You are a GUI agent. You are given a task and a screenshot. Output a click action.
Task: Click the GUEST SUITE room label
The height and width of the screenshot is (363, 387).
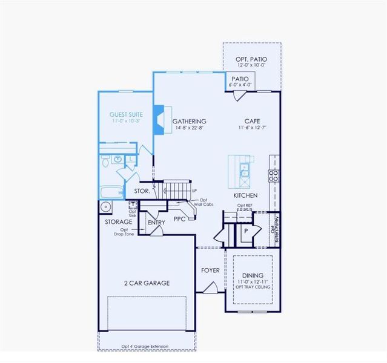(x=125, y=114)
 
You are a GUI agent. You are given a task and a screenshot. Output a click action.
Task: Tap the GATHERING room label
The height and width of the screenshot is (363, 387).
(x=189, y=121)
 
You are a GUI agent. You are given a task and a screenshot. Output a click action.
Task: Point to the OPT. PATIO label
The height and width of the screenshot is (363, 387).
(x=251, y=59)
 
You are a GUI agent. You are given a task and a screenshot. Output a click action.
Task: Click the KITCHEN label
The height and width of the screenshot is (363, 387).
(x=246, y=195)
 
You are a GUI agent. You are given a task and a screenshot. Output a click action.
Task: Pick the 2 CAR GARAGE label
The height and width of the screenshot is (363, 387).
(x=147, y=283)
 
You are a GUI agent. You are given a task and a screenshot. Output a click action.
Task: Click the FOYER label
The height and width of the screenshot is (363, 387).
(x=210, y=270)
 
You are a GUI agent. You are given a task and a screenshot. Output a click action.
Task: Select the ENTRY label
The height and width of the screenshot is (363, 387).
(x=156, y=223)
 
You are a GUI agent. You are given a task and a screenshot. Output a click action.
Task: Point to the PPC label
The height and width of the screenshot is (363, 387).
(x=179, y=219)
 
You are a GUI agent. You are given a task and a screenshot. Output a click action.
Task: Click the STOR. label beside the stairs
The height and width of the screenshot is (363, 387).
(x=142, y=191)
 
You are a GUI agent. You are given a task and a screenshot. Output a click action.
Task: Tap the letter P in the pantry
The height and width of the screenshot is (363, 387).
(x=246, y=231)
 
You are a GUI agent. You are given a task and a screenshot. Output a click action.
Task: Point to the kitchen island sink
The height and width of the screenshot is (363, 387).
(x=244, y=168)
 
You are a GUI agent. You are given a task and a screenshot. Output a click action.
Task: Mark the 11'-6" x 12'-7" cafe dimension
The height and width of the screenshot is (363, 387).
(x=252, y=128)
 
